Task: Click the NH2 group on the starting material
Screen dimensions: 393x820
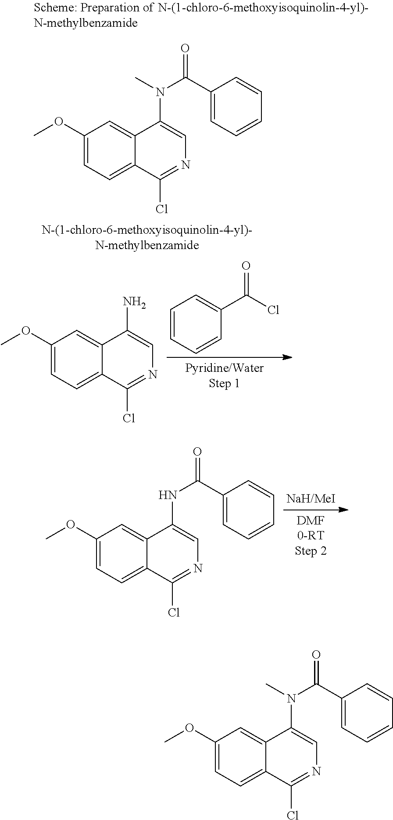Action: [x=134, y=303]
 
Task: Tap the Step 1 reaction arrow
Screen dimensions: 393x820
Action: [x=229, y=357]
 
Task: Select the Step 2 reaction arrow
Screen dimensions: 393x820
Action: [x=316, y=510]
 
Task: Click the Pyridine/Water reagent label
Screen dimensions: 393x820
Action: [x=224, y=368]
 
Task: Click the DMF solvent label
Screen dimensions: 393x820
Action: [x=311, y=521]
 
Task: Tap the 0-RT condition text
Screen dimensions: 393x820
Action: [x=311, y=536]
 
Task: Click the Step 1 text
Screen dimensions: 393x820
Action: [x=224, y=384]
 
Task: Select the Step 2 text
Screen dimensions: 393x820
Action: [x=311, y=551]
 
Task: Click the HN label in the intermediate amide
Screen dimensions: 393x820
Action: [x=168, y=496]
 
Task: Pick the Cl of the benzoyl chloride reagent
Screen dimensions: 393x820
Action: [x=273, y=310]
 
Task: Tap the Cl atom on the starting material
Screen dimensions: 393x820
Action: [x=129, y=418]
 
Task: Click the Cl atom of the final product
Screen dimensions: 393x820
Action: [x=293, y=815]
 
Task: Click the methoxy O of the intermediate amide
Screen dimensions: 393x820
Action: [x=71, y=525]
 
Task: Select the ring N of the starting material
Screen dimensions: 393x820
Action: [x=153, y=374]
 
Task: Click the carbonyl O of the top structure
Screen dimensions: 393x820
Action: [x=186, y=48]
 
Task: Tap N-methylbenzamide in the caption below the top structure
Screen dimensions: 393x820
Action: [x=147, y=245]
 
